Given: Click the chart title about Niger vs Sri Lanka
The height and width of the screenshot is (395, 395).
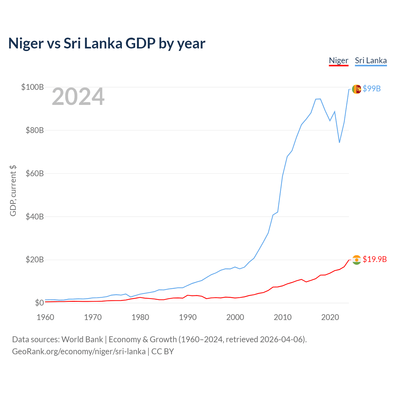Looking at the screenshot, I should pos(107,44).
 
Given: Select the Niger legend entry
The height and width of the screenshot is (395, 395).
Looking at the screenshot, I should pos(339,60).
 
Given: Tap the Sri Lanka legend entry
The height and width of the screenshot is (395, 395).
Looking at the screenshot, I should pos(371,60).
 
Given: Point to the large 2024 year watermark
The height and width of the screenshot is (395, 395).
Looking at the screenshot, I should pos(78,97).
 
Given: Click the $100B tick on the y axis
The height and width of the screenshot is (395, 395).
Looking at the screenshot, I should pos(32,87).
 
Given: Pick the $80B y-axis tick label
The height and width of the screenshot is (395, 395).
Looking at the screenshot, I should pos(34,130).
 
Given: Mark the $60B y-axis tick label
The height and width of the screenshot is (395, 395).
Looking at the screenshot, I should pos(34,173).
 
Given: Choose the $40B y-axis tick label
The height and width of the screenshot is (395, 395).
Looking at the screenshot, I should pos(34,217).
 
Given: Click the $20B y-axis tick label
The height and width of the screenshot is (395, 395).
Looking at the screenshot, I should pos(34,260).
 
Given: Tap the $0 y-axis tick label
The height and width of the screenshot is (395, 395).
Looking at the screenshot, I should pos(39,303).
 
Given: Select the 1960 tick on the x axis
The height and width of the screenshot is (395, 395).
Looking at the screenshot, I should pos(45,317).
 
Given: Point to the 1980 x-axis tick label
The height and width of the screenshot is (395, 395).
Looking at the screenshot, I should pos(140,317).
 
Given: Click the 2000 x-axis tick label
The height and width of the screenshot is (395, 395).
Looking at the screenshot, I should pos(235,317).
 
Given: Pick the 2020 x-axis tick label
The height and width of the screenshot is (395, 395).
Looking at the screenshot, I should pos(330,317).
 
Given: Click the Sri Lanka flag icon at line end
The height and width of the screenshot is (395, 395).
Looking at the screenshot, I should pos(357,89).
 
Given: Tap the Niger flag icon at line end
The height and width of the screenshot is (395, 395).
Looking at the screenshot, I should pos(357,260).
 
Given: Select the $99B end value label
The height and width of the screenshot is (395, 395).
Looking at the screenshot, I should pos(372,89).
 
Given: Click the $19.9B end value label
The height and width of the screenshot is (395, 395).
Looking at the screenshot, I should pos(375,259).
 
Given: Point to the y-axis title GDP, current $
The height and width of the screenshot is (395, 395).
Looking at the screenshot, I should pos(13,191).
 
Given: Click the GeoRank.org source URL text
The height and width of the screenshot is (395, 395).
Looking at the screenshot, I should pos(79,351).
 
